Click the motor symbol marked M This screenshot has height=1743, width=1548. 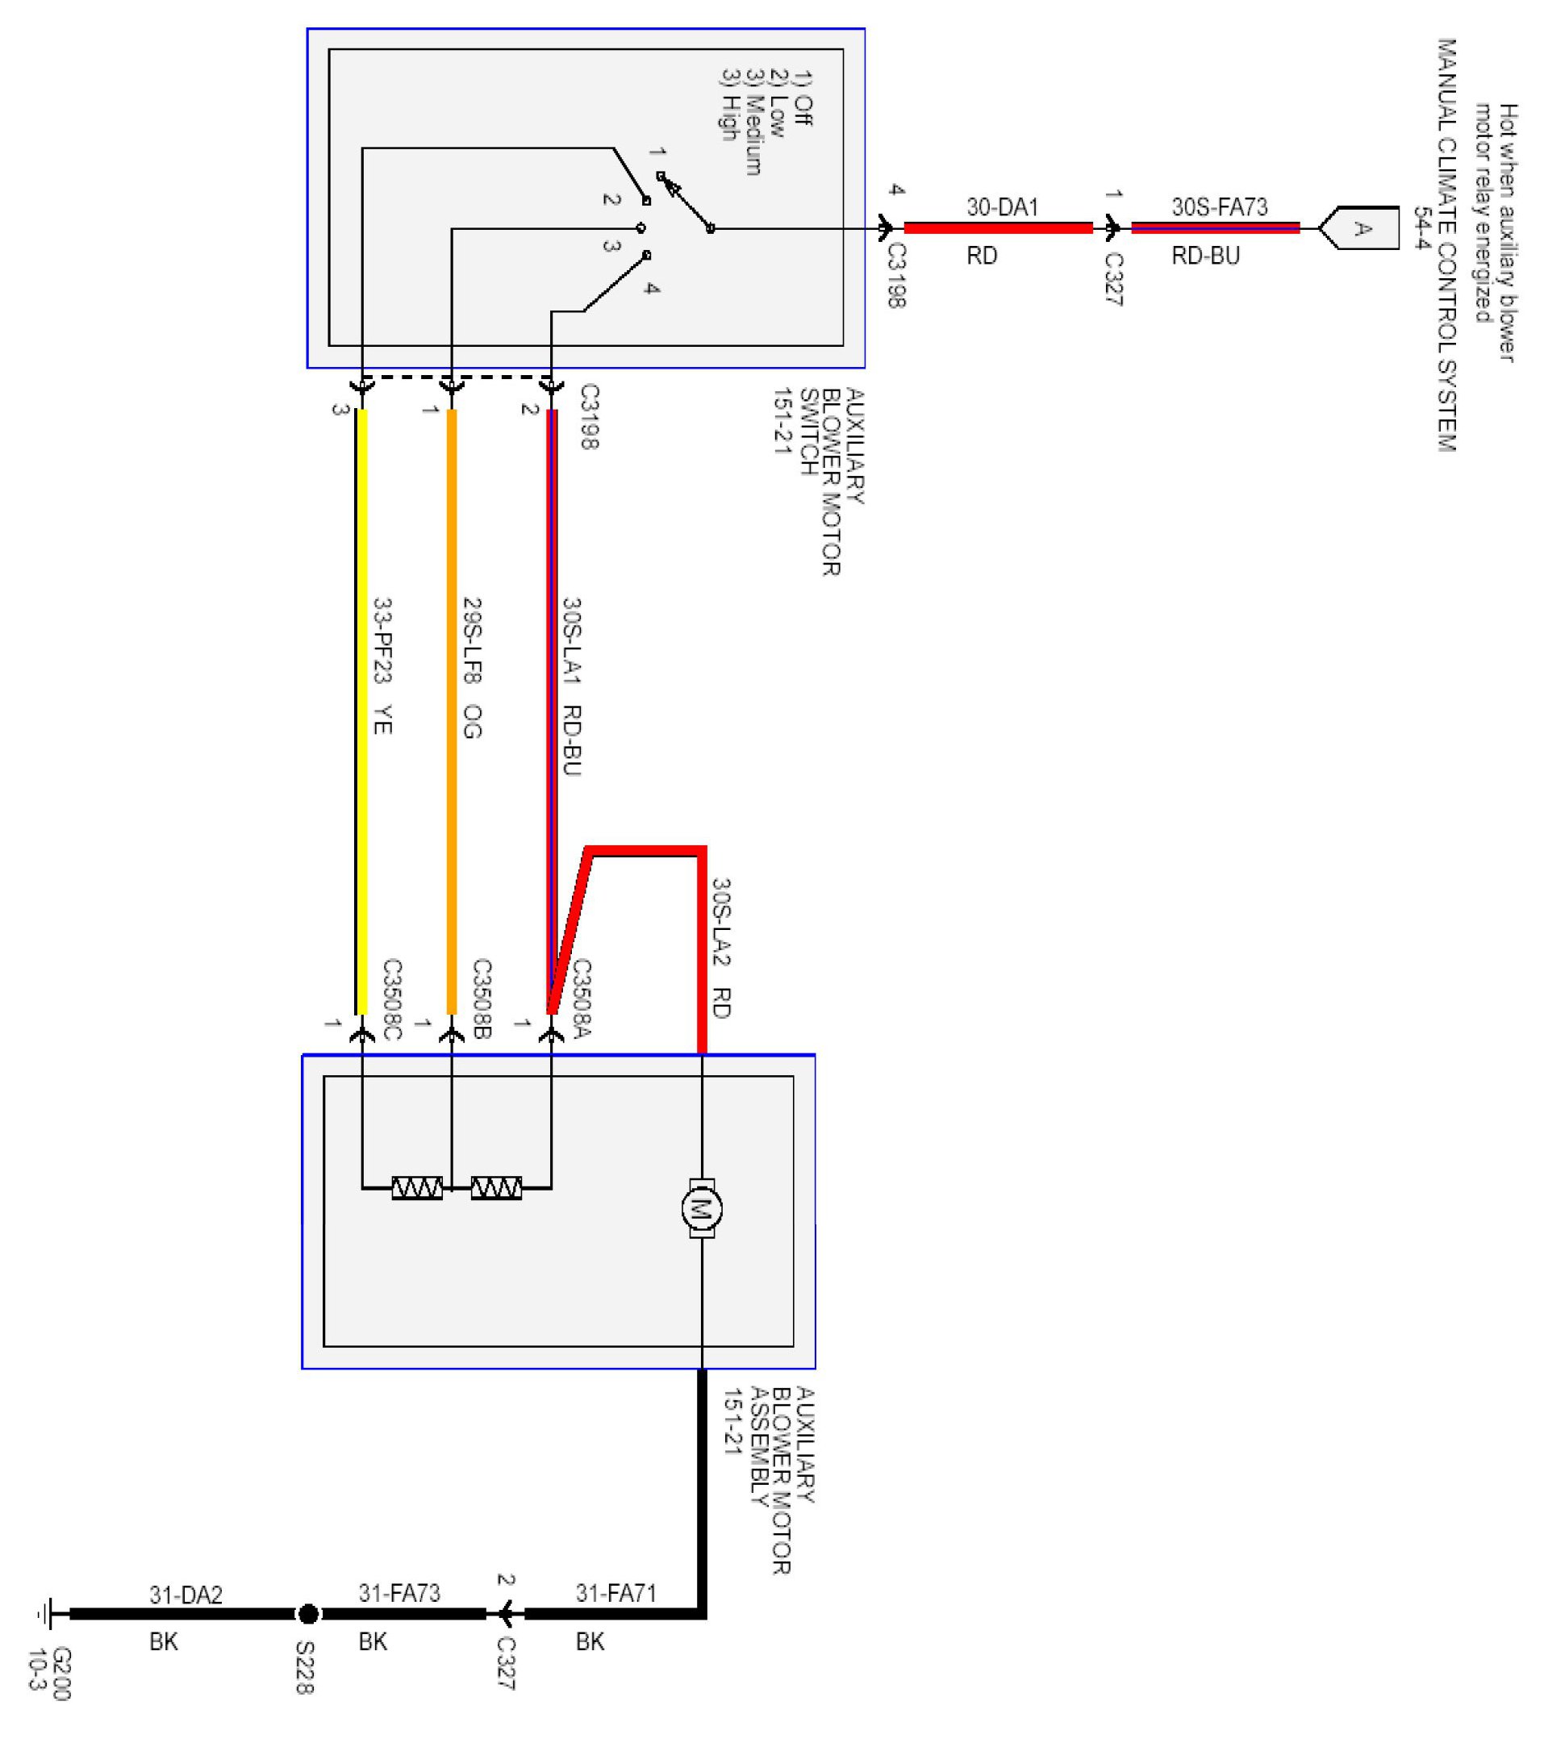pos(701,1208)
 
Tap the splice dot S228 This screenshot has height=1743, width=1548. pos(308,1613)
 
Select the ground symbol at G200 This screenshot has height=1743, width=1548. pos(44,1613)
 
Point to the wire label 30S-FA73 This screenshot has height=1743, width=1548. pos(1219,207)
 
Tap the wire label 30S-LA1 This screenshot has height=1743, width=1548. pos(571,641)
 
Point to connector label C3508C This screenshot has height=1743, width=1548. pos(391,999)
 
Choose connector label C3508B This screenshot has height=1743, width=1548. pos(482,999)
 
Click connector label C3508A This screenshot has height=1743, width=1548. pos(582,999)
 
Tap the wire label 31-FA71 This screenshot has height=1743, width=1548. pos(615,1592)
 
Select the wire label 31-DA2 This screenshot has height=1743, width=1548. pos(186,1594)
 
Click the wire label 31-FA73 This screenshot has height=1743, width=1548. pos(399,1592)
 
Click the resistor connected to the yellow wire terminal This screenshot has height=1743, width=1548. pos(417,1187)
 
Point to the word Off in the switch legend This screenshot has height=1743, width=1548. pos(803,111)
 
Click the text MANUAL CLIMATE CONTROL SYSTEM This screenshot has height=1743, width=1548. pos(1446,244)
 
